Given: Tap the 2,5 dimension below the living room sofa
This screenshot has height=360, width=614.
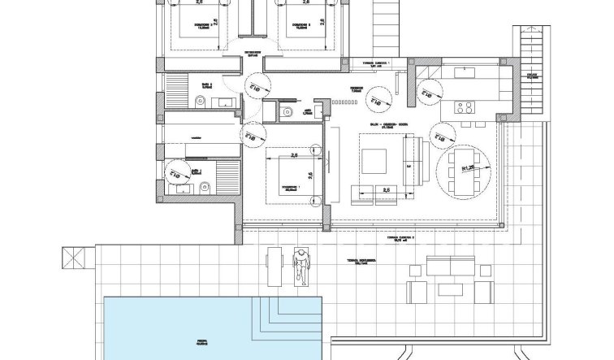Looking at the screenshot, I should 386,190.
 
